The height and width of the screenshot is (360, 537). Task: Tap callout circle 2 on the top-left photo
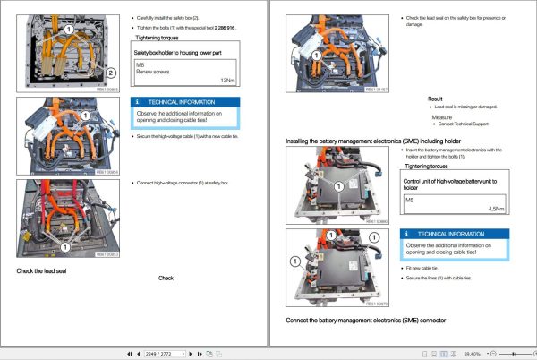[110, 73]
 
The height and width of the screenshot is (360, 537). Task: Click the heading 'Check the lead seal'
[43, 270]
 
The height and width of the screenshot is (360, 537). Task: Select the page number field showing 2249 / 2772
[165, 353]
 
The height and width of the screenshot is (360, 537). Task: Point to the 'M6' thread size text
[141, 64]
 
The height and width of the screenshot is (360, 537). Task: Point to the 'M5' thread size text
[410, 201]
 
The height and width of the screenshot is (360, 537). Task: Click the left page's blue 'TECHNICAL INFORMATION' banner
[185, 103]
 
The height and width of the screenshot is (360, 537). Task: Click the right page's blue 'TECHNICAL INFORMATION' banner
[455, 234]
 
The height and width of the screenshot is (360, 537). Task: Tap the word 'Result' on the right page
[435, 99]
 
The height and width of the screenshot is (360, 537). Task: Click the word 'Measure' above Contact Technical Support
[441, 116]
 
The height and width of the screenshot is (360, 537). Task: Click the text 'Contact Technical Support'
[465, 124]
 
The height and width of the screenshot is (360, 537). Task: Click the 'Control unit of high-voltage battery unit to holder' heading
[451, 184]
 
